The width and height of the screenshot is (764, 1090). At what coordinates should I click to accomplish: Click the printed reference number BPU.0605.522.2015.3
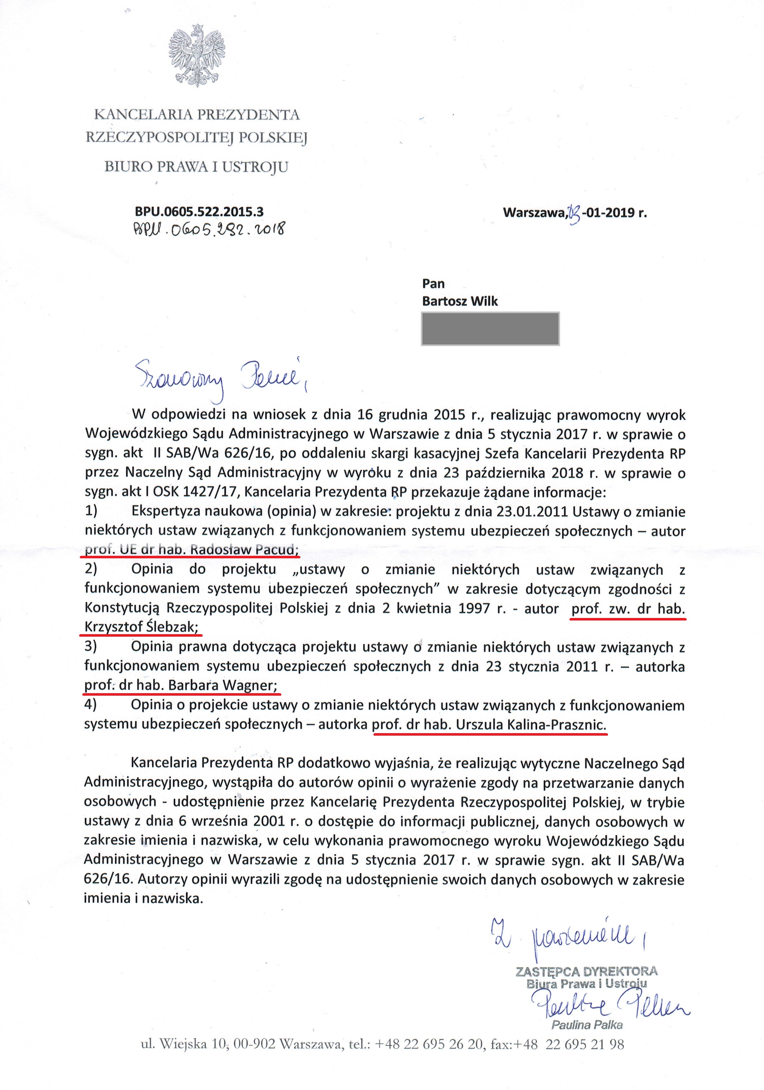point(199,211)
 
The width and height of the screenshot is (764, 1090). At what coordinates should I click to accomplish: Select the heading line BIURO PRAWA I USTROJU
point(196,167)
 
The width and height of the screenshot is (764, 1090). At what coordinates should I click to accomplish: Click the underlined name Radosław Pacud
point(245,550)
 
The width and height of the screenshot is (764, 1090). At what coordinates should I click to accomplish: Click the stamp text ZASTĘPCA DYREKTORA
point(586,971)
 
